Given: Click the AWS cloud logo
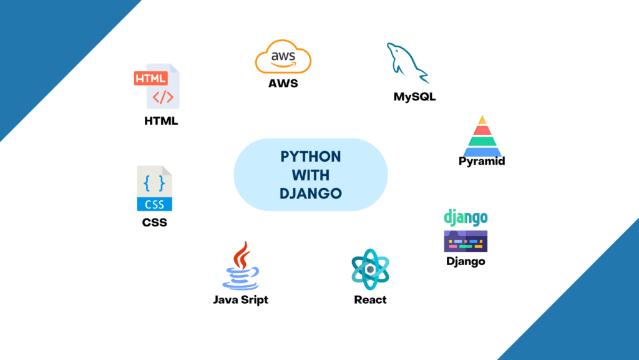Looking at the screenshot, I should (x=283, y=57).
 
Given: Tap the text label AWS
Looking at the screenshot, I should (x=283, y=84).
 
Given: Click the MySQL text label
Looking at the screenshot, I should (x=414, y=97).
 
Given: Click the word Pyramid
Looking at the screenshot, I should (x=482, y=161).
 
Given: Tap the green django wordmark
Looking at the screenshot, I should (x=466, y=218).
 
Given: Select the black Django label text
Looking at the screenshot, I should (x=466, y=261).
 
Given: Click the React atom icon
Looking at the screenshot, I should (x=370, y=269).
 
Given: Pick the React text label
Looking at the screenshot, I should (x=370, y=299).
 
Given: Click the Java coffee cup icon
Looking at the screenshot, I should (x=241, y=266).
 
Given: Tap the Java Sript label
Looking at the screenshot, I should (x=241, y=299).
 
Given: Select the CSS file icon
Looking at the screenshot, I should (x=155, y=188).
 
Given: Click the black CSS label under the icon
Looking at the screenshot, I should (x=155, y=222).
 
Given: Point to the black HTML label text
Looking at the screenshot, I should (x=161, y=121).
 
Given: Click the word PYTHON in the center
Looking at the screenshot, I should (x=311, y=157).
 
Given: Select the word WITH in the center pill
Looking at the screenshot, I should (x=311, y=175).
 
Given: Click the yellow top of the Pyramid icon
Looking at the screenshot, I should (x=482, y=120).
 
